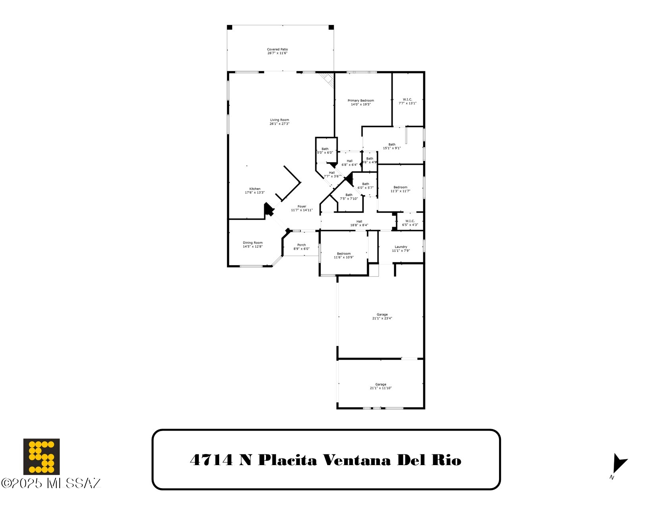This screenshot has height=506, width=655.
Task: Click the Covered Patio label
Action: tap(277, 50)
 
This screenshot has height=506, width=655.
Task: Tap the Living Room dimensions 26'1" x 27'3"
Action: tap(279, 124)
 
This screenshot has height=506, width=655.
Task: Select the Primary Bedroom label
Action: tap(361, 101)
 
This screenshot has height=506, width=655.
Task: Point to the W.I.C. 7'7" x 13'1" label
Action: tap(407, 101)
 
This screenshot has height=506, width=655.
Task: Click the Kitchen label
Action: tap(255, 189)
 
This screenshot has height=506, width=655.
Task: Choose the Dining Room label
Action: tap(253, 243)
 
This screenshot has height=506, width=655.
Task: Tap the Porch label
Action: tap(302, 245)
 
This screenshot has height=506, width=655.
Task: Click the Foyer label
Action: tap(302, 206)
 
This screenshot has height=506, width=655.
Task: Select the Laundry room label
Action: tap(401, 247)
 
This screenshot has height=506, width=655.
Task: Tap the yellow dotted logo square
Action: tap(41, 456)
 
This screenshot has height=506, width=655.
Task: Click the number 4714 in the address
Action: tap(211, 460)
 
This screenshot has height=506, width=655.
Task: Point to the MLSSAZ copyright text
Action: tap(52, 483)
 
